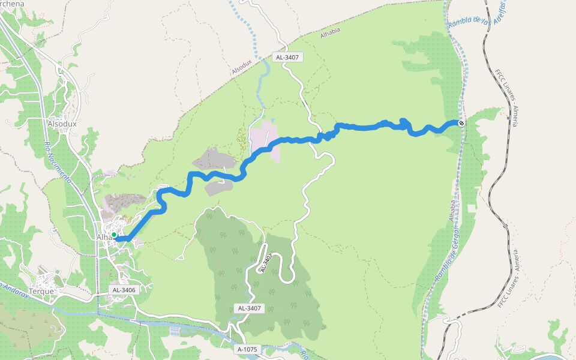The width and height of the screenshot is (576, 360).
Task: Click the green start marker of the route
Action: pyautogui.click(x=113, y=235)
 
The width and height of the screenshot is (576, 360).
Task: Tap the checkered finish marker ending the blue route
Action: pyautogui.click(x=461, y=123)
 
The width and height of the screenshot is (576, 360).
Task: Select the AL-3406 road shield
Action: pyautogui.click(x=124, y=290)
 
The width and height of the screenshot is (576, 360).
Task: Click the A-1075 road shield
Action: pyautogui.click(x=247, y=349)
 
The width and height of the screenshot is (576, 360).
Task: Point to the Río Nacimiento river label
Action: pyautogui.click(x=58, y=162)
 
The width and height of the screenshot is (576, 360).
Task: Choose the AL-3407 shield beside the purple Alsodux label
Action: pyautogui.click(x=287, y=58)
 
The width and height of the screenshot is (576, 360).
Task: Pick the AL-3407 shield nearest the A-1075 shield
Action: pyautogui.click(x=249, y=308)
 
